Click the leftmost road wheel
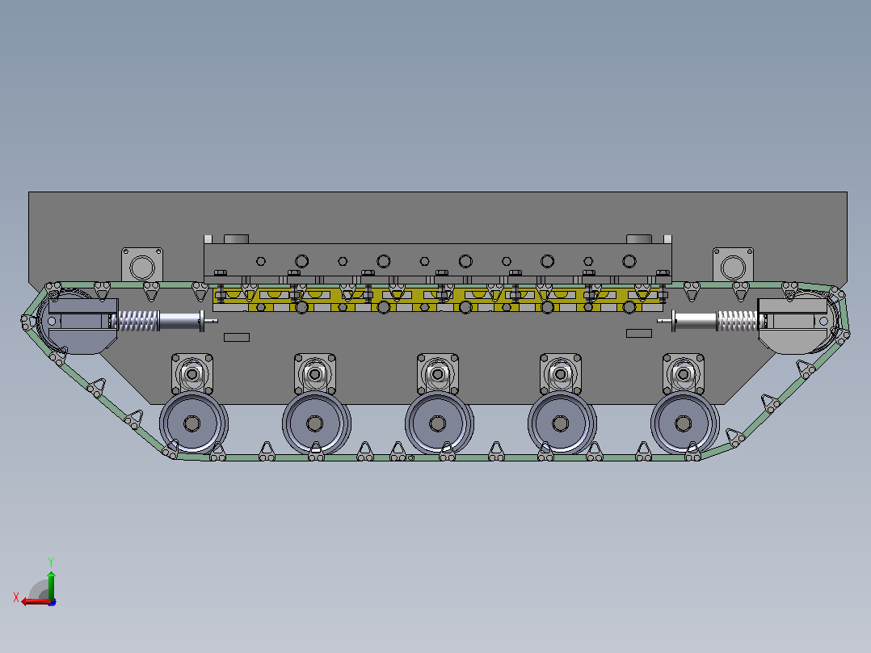click(193, 423)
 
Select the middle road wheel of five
click(438, 423)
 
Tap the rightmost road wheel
click(684, 423)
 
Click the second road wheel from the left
click(315, 423)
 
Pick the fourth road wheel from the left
click(561, 423)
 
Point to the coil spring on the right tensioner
click(737, 321)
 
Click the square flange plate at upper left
click(142, 266)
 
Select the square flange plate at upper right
click(734, 266)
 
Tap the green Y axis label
click(51, 562)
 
